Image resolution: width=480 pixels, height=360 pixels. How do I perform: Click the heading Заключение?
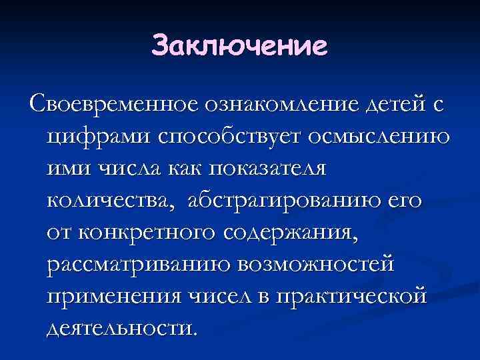point(240,46)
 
